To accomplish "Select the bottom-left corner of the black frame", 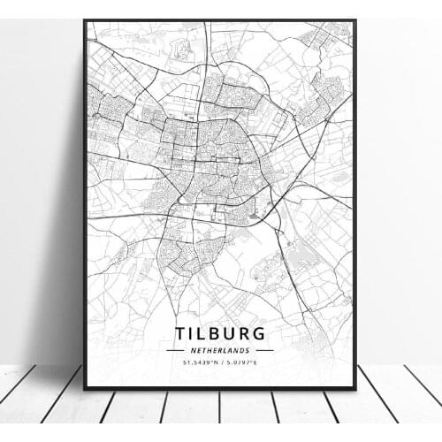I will pyautogui.click(x=85, y=388).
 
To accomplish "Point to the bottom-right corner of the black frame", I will pyautogui.click(x=355, y=388).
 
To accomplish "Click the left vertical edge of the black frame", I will pyautogui.click(x=85, y=203).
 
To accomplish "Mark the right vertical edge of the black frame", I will pyautogui.click(x=355, y=203).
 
